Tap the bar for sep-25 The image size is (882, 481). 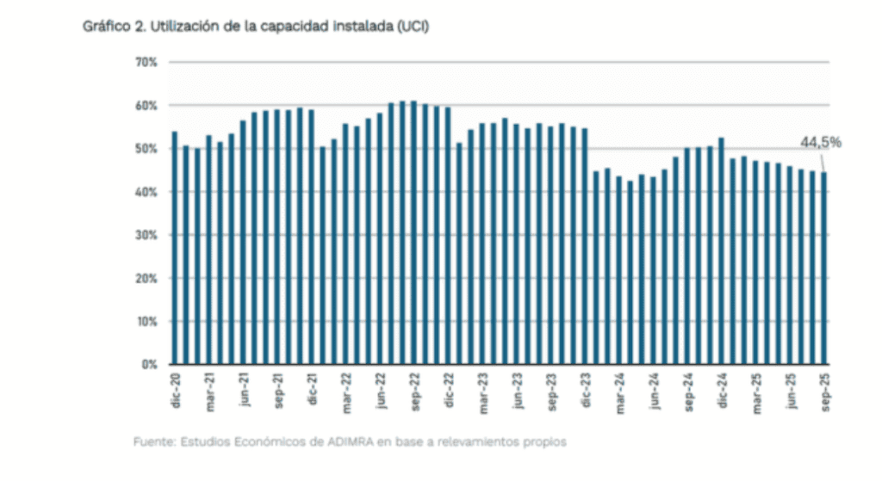[823, 268]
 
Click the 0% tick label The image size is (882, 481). [147, 365]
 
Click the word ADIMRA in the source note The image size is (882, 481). [347, 442]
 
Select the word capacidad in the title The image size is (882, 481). [295, 28]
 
